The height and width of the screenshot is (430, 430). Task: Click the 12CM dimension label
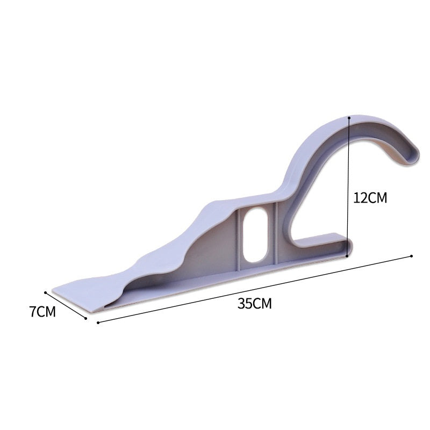[370, 197]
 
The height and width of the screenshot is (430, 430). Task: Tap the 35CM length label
[255, 303]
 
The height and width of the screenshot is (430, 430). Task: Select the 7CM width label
[43, 312]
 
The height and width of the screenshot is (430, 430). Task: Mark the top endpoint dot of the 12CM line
[349, 117]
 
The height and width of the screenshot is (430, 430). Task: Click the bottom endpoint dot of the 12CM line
[348, 256]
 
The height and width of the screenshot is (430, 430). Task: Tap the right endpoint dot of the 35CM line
[412, 256]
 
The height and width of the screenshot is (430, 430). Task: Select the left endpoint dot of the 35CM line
[98, 323]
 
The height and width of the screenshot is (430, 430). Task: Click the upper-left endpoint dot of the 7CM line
[46, 293]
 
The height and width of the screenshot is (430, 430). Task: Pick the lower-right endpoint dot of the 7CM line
[87, 318]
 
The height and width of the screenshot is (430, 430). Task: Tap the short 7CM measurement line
[67, 306]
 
